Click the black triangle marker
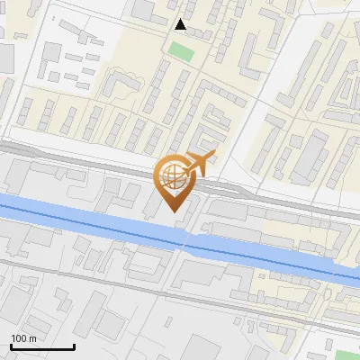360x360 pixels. coord(181,24)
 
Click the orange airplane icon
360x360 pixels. coord(199,162)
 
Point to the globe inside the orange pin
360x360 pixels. coord(172,175)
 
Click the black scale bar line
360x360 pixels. coord(42,346)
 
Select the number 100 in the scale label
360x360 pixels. coord(18,338)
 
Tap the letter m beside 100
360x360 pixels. coord(31,338)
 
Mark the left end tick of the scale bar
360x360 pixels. coord(11,345)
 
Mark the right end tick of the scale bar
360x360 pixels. coord(74,345)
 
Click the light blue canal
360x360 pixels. coord(90,216)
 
